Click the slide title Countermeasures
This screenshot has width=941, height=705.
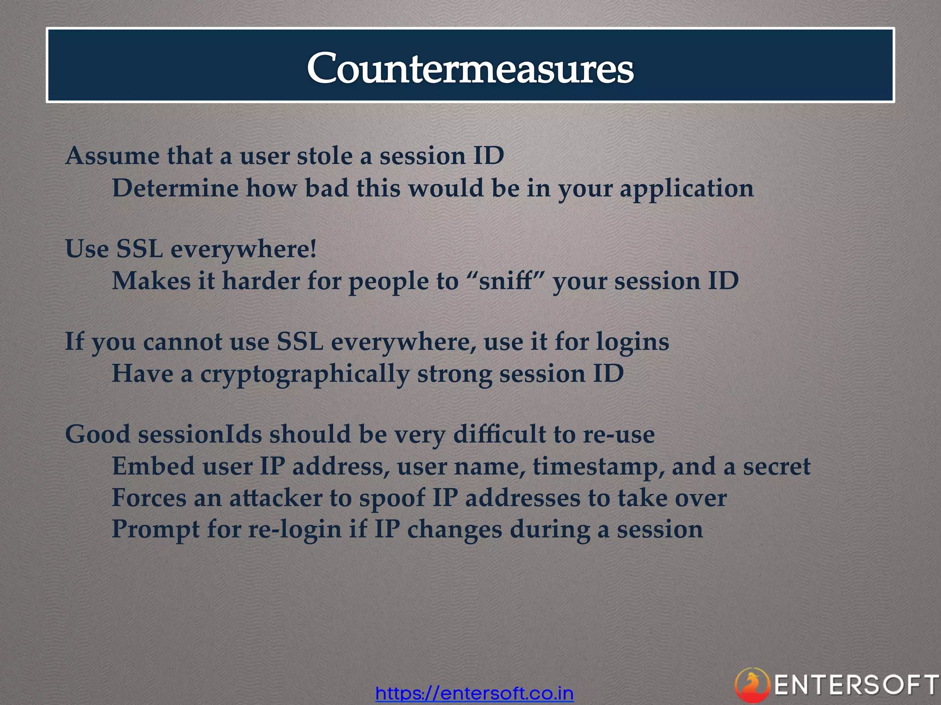pos(470,68)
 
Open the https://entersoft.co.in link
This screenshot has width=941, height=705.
pos(474,693)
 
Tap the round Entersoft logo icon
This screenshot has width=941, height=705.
pos(752,685)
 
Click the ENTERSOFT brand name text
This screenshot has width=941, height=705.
pos(856,685)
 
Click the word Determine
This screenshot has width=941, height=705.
pos(175,188)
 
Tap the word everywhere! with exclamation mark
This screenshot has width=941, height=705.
pos(244,250)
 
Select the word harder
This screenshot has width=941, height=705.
pos(261,281)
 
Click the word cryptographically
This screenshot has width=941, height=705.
pos(305,375)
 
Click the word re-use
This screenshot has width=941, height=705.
pos(618,435)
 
